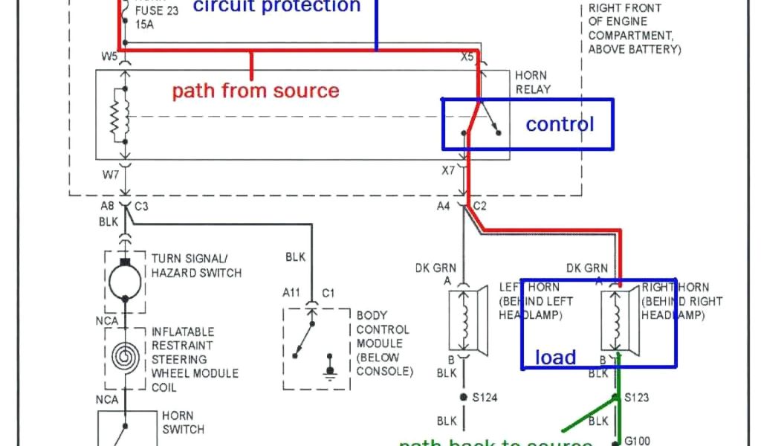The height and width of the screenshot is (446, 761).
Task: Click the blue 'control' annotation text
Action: coord(560,124)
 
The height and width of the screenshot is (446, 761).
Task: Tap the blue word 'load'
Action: coord(555,358)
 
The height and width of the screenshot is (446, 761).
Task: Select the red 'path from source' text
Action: coord(256,91)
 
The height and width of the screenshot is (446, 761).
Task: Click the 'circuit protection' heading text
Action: coord(276,7)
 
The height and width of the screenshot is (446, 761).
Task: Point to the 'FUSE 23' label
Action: coord(157,11)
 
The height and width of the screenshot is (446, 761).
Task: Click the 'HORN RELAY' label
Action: coord(532,83)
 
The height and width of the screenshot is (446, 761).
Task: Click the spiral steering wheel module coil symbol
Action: coord(125,357)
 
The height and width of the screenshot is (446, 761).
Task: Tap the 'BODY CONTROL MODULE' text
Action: coord(383,343)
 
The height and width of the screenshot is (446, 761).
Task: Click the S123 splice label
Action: coord(637,398)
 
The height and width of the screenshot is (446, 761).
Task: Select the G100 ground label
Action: coord(637,440)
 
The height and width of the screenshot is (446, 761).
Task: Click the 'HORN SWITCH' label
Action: coord(178,422)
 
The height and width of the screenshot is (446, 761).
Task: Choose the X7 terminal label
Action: coord(447,170)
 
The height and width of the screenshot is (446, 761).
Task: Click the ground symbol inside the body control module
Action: coord(329,369)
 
